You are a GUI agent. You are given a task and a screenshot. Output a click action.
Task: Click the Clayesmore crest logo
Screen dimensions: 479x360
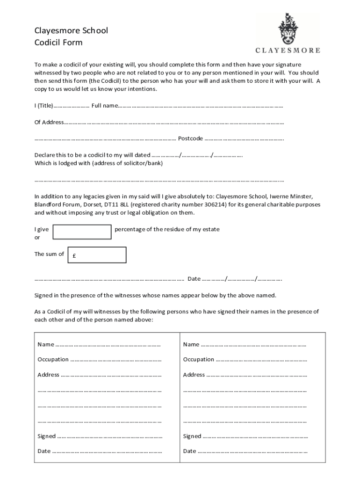[288, 29]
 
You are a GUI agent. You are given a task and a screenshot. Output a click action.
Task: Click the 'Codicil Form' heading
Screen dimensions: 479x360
[58, 43]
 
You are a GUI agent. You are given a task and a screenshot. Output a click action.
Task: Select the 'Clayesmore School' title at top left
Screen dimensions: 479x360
[71, 30]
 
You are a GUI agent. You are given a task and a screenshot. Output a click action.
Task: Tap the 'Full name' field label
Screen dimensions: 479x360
[104, 106]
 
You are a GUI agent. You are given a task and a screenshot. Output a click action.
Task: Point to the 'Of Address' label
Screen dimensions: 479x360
[49, 123]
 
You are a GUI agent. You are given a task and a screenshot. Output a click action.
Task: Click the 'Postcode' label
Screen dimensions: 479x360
[190, 138]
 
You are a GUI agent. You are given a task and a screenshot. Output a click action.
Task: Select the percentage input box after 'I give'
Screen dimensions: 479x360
[82, 232]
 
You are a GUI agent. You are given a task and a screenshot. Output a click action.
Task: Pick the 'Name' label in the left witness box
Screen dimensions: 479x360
[46, 345]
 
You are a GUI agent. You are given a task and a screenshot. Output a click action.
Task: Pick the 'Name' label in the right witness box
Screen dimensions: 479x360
[191, 345]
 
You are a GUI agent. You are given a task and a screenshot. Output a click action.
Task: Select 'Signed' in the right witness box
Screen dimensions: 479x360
[192, 436]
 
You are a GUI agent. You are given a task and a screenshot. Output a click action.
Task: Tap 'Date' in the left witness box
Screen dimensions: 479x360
[44, 451]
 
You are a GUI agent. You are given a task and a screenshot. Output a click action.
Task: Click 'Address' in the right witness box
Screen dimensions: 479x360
[194, 375]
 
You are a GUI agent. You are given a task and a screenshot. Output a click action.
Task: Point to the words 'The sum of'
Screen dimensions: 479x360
[49, 254]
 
